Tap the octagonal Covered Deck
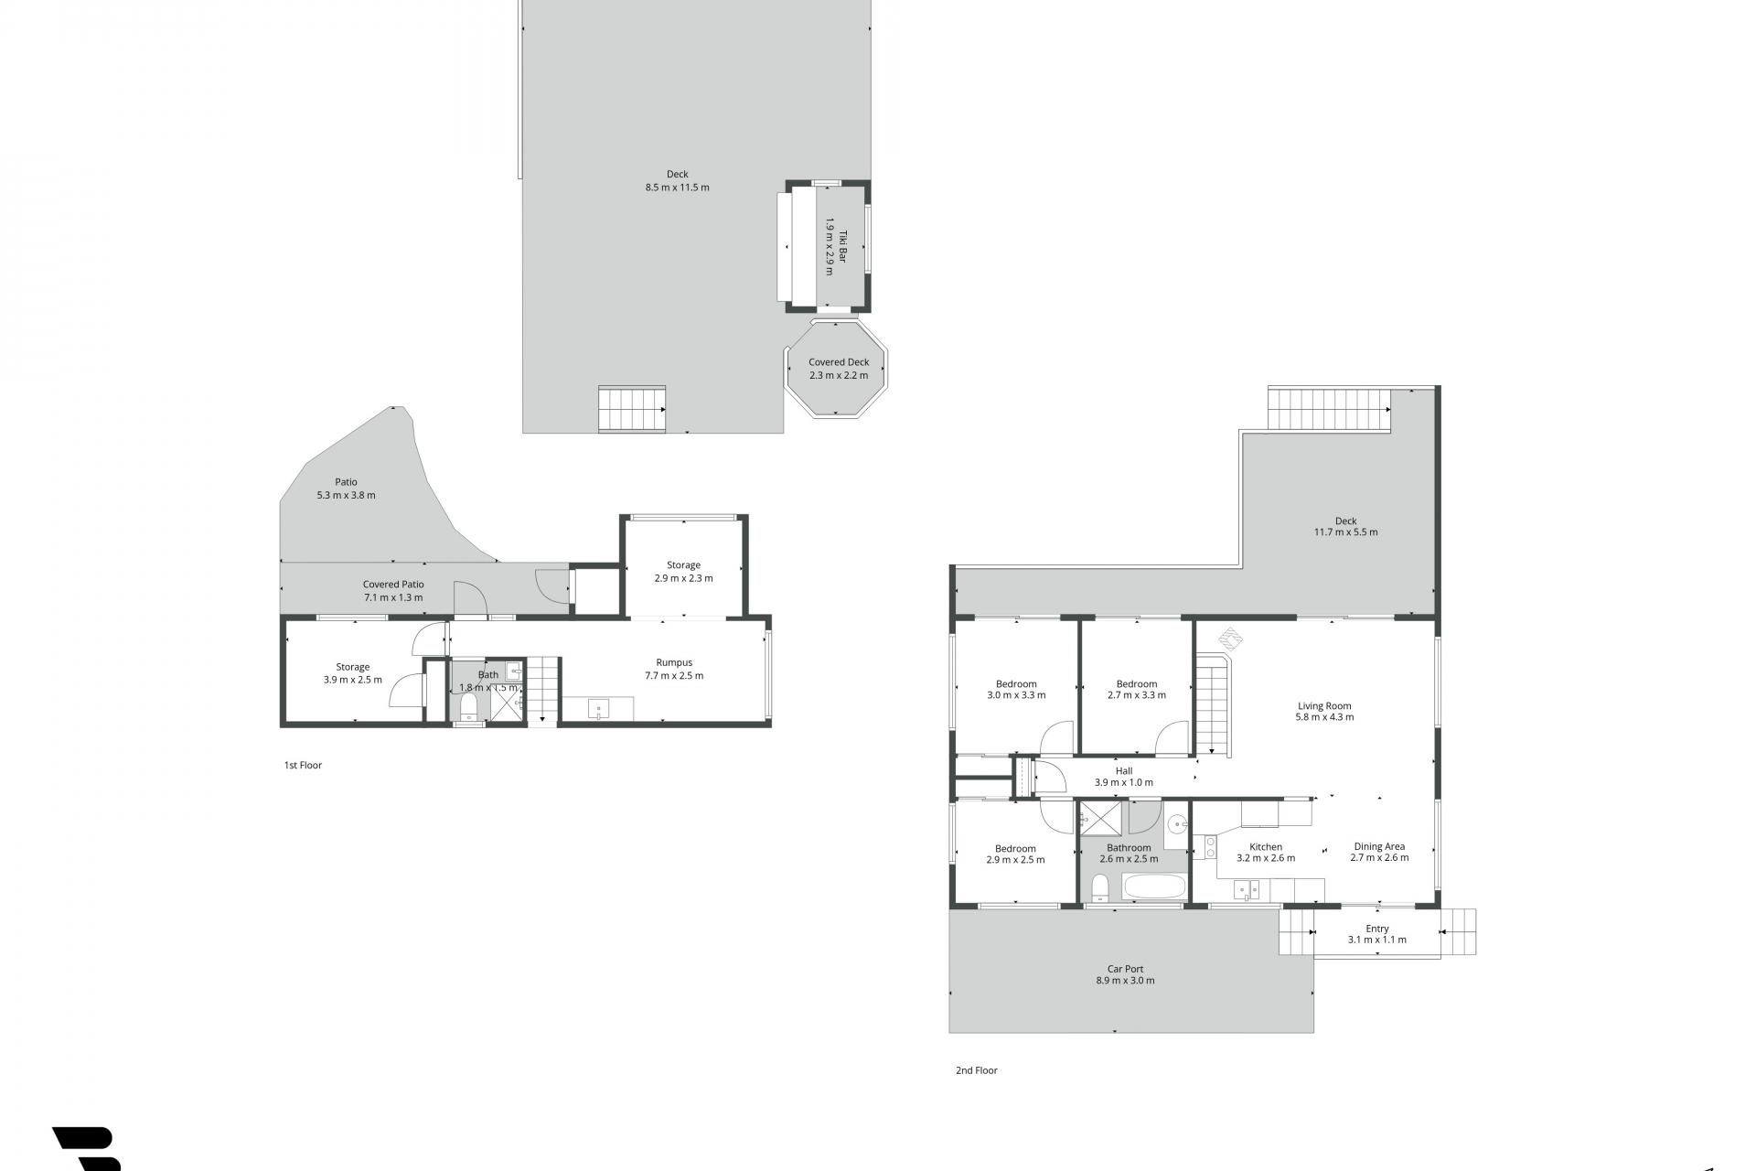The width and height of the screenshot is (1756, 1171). point(838,369)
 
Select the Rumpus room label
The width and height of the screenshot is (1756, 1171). point(674,662)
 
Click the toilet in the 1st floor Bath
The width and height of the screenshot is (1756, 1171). point(469,707)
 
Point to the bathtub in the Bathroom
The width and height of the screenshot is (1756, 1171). point(1154,886)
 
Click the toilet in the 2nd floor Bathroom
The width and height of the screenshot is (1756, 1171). point(1100,886)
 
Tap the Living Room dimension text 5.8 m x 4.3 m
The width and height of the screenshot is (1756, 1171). point(1324,717)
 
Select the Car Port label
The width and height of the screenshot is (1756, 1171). point(1125,969)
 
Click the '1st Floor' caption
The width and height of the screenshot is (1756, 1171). point(303,766)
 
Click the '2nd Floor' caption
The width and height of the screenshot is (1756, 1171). point(977,1070)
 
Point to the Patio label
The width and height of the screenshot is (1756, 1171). point(346,482)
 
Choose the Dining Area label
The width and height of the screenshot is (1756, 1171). point(1379,846)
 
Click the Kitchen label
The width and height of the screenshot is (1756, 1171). point(1266,847)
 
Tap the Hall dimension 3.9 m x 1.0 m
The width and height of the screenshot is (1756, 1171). point(1124,782)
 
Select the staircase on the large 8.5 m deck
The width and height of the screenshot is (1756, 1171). point(632,408)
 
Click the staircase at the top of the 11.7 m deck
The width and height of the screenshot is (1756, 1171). point(1330,409)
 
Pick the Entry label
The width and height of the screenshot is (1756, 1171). point(1377,929)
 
